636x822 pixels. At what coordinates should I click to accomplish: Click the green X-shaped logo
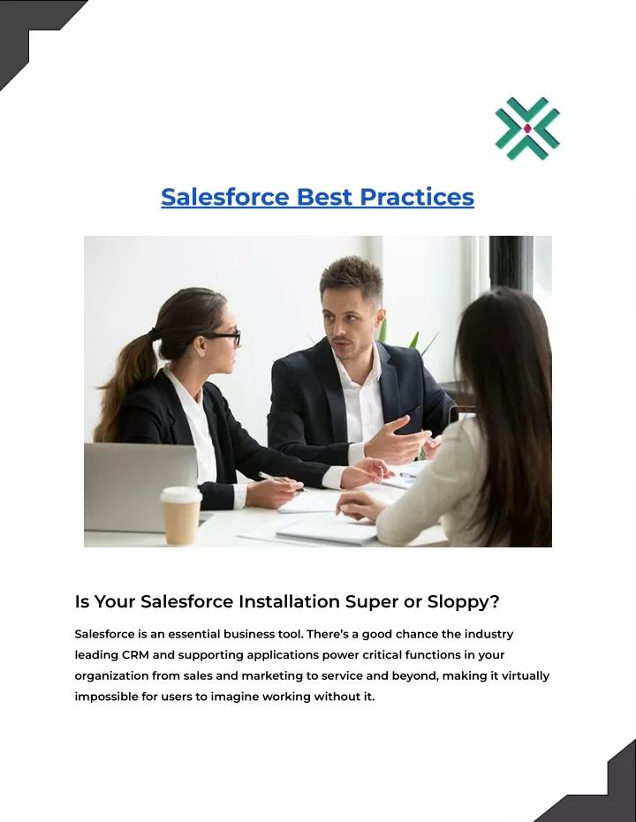click(527, 128)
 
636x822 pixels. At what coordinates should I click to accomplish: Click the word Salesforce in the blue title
click(225, 197)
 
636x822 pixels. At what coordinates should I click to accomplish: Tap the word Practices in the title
click(417, 197)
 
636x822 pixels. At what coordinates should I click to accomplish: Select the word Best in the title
click(324, 197)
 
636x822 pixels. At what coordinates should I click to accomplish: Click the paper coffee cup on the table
click(181, 516)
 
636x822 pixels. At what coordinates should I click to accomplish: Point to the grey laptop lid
click(140, 486)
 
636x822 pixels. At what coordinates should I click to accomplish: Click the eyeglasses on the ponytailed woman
click(225, 337)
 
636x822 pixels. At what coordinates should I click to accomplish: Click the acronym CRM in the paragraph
click(135, 655)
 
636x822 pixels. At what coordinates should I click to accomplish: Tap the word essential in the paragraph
click(194, 634)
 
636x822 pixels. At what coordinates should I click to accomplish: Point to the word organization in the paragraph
click(111, 676)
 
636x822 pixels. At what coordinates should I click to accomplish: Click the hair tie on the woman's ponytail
click(153, 334)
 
